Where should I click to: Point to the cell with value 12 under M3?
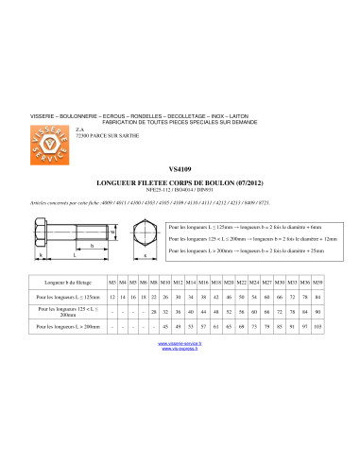click(x=112, y=297)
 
